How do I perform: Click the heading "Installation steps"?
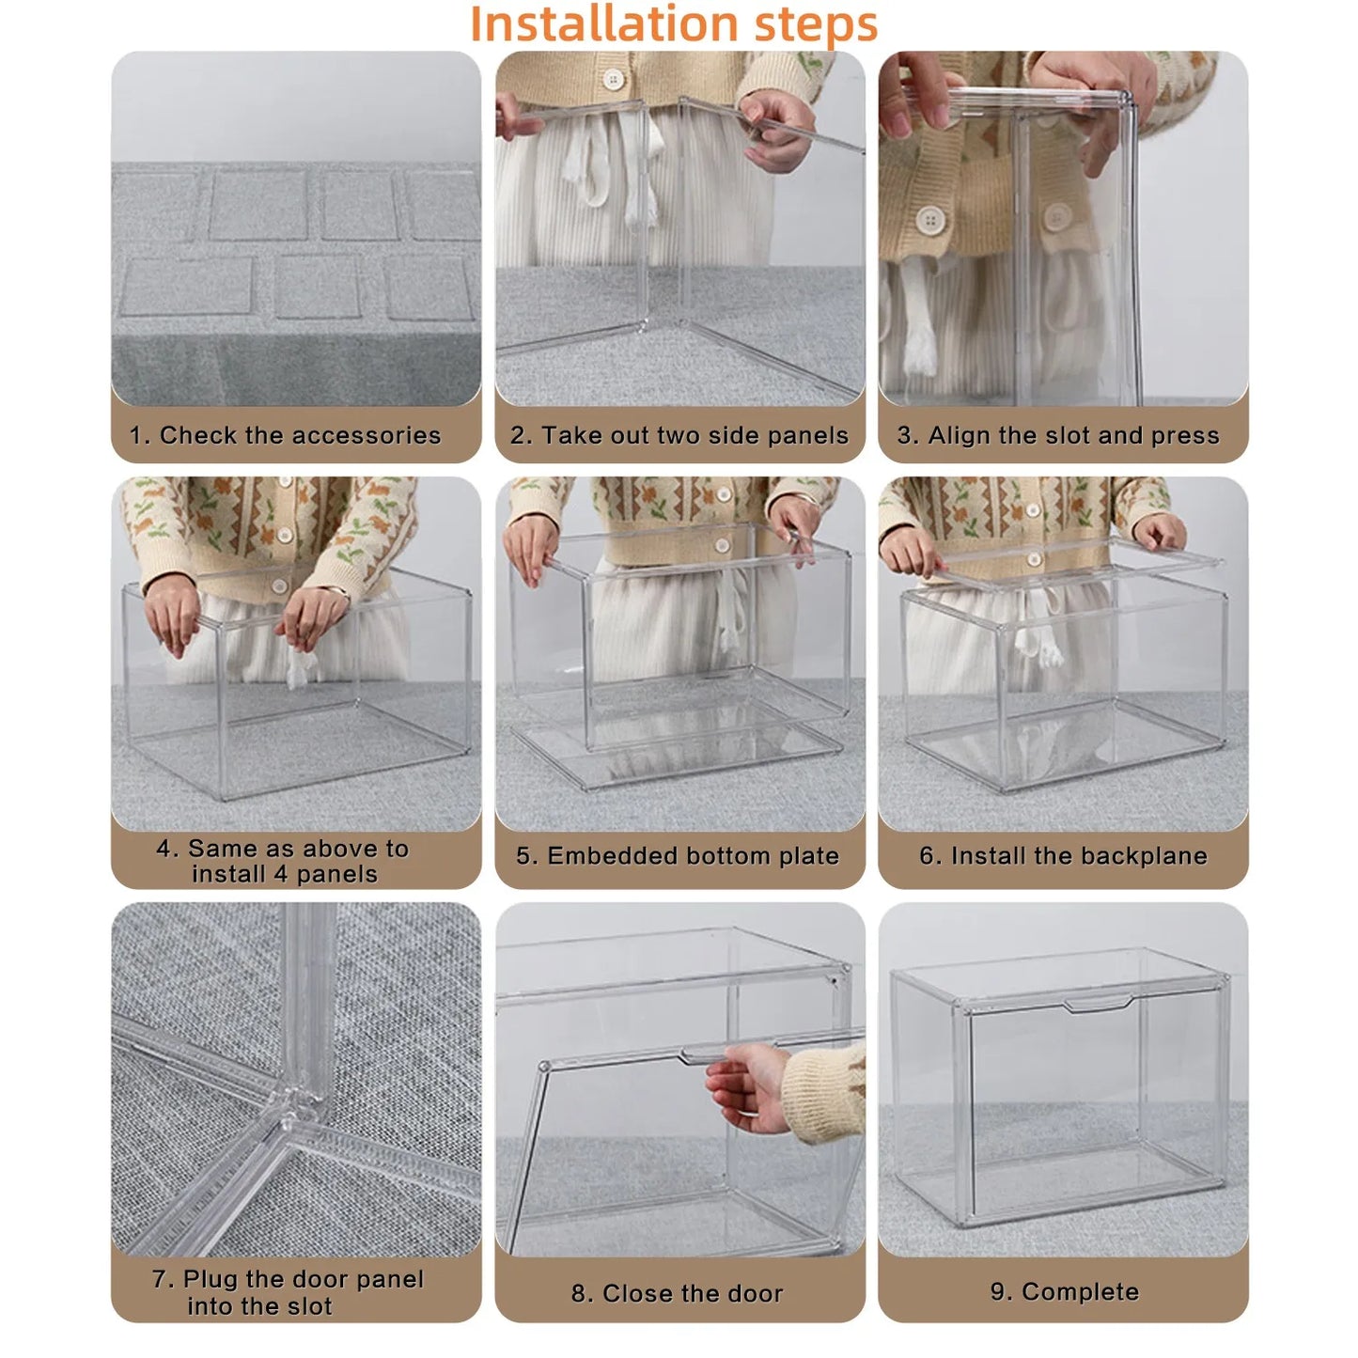click(673, 24)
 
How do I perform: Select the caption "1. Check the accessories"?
click(285, 435)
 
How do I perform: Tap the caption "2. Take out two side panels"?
click(679, 435)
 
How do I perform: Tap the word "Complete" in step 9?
click(1080, 1292)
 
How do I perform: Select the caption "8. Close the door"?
click(677, 1293)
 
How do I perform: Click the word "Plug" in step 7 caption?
click(211, 1279)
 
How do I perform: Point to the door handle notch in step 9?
click(1097, 1006)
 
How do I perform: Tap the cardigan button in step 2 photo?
click(614, 79)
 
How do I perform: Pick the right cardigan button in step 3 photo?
click(1057, 217)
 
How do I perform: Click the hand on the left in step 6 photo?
click(909, 554)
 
